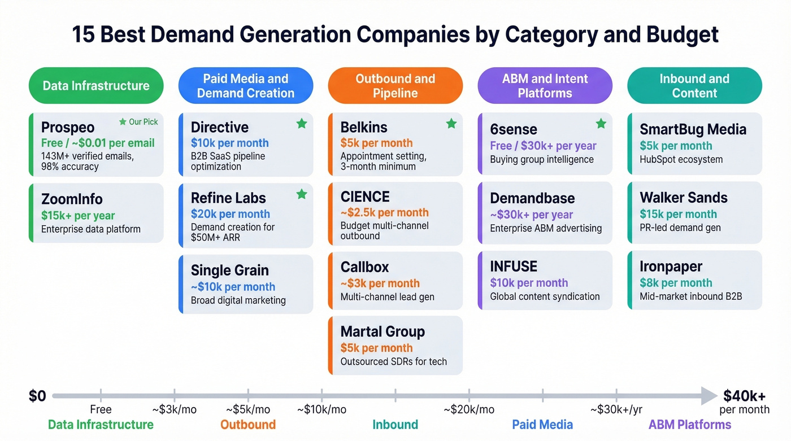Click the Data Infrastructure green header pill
(x=96, y=86)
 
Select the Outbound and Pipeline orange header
(x=395, y=86)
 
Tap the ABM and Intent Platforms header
(x=545, y=86)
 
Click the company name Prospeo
(x=68, y=127)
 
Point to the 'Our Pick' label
(x=143, y=122)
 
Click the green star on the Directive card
(x=302, y=123)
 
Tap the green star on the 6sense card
(x=601, y=123)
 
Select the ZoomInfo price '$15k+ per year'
(x=78, y=215)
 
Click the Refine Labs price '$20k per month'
(x=230, y=214)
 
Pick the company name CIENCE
(x=365, y=197)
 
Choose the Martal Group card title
(x=383, y=331)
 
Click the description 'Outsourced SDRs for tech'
(x=393, y=361)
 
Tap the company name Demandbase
(x=532, y=198)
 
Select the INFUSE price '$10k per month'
(x=529, y=283)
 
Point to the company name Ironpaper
(x=671, y=267)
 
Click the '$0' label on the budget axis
(x=37, y=396)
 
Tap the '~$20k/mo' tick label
(x=468, y=409)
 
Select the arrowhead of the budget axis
(x=709, y=396)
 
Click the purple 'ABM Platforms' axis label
(x=689, y=425)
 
